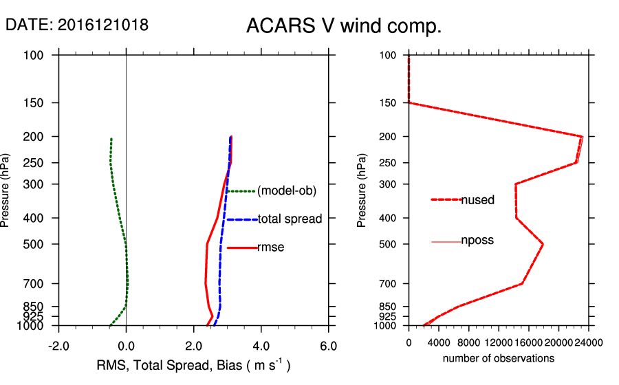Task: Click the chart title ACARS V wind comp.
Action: [x=344, y=26]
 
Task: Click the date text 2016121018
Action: [x=103, y=25]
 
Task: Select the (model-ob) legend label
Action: [x=286, y=191]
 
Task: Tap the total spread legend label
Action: [x=290, y=219]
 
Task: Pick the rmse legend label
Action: [x=270, y=247]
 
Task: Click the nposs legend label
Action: [x=478, y=241]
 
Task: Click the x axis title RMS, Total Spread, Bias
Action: [x=193, y=365]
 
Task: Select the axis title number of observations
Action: [x=499, y=358]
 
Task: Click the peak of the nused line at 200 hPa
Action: [x=582, y=137]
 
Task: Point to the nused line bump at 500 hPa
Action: [x=543, y=244]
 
